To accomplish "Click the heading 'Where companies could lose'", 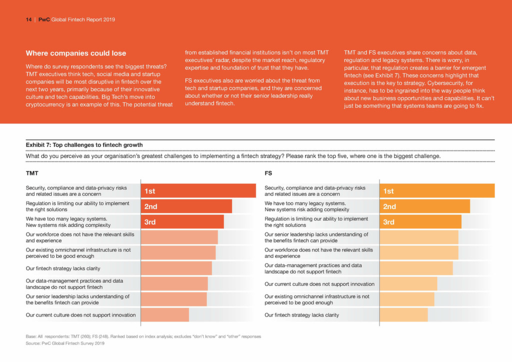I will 76,53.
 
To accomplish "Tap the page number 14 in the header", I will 28,20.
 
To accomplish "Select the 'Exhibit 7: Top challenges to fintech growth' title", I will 84,145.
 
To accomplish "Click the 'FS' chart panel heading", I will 268,173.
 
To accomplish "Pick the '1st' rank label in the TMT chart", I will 150,191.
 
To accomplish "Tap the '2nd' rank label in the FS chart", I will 389,206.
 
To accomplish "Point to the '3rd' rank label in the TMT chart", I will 150,222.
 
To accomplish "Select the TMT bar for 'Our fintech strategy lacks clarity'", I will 176,268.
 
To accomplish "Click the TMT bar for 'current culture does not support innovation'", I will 165,315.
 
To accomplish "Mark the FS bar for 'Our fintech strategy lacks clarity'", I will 404,315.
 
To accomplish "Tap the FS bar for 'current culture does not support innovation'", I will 408,284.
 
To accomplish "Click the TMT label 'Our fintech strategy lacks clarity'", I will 63,268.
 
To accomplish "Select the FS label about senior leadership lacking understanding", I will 316,237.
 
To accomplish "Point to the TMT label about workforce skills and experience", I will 79,237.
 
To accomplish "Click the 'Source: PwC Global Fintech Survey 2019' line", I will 65,343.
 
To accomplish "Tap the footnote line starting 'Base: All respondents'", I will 143,336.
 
